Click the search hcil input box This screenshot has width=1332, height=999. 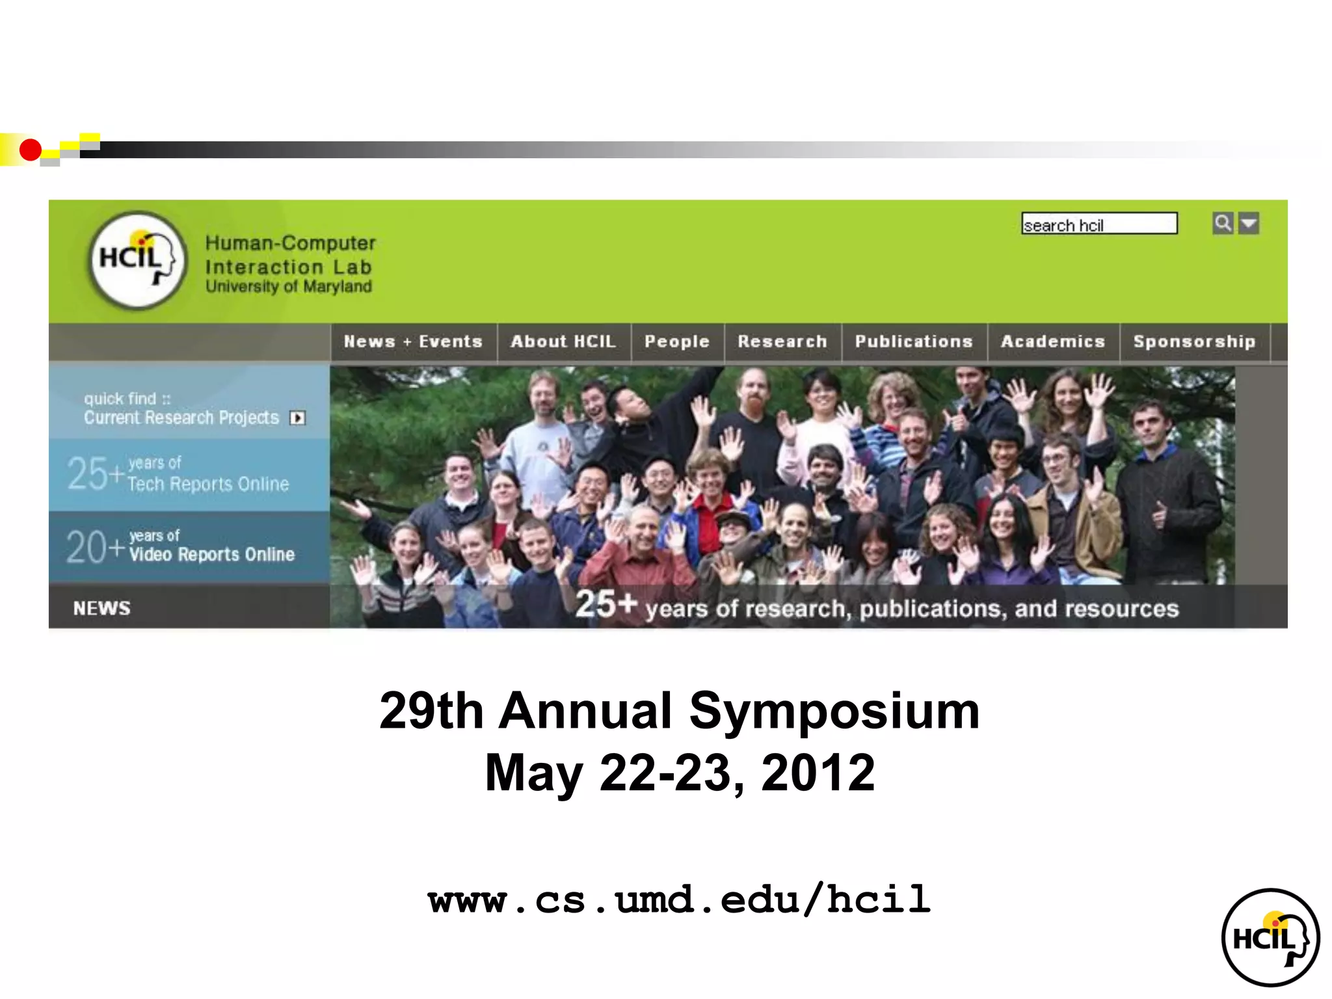1099,224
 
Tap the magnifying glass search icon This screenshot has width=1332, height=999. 1223,223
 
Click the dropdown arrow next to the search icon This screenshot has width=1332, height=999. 1249,223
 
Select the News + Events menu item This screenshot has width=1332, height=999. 413,341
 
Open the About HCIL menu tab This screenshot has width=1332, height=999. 563,341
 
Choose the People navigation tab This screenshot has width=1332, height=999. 676,341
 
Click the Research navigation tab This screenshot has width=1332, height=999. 782,341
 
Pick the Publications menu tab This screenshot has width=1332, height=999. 914,341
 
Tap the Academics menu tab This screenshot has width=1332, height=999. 1053,341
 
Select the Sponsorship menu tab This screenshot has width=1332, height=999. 1194,341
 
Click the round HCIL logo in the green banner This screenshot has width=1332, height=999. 138,260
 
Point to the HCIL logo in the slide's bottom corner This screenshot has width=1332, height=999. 1270,937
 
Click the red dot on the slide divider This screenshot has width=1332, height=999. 30,150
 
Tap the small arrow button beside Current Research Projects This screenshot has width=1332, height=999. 298,418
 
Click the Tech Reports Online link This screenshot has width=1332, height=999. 207,483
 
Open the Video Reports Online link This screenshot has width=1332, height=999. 211,553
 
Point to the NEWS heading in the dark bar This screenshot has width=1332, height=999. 102,608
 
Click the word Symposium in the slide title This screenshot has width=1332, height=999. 834,712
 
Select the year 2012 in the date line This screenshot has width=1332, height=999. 818,773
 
